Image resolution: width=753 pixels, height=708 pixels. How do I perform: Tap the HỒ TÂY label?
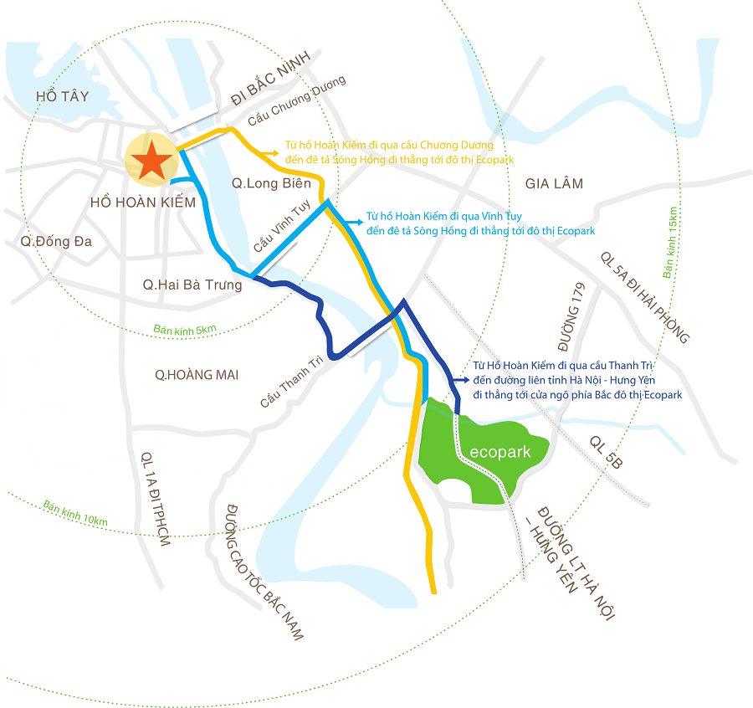(x=62, y=97)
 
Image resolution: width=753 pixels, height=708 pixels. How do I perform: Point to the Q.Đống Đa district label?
(x=57, y=242)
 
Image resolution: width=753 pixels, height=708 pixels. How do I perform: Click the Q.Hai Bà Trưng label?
(x=192, y=285)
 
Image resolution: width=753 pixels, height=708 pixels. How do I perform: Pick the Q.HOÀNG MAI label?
(x=197, y=375)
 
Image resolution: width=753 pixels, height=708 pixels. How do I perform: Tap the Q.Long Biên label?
(x=271, y=183)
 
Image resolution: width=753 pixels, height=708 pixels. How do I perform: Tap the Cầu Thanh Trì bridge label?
(x=289, y=380)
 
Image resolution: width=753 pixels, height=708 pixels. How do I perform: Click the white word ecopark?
(x=500, y=452)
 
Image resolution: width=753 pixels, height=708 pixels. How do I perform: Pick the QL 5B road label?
(x=606, y=450)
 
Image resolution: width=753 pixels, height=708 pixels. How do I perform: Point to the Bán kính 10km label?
(x=75, y=514)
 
